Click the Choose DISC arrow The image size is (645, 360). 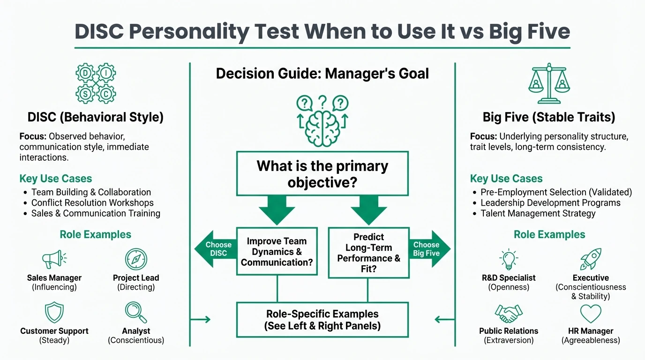(x=215, y=249)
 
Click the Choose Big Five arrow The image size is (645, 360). (x=428, y=249)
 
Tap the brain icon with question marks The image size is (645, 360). (x=322, y=120)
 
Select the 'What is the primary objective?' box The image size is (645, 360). (x=322, y=173)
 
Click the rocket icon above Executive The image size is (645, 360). (x=591, y=259)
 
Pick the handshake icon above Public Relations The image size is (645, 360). (x=509, y=313)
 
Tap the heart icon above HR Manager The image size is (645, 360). (x=591, y=313)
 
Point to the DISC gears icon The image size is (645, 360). (x=96, y=84)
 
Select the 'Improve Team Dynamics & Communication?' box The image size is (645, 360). (x=277, y=252)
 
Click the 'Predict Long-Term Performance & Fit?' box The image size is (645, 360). (x=368, y=253)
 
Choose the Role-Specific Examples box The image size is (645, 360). (x=322, y=320)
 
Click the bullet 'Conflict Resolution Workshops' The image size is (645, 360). (x=92, y=203)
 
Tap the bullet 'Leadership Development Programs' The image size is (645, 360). (x=550, y=203)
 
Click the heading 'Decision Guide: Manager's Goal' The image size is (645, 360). (x=322, y=74)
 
